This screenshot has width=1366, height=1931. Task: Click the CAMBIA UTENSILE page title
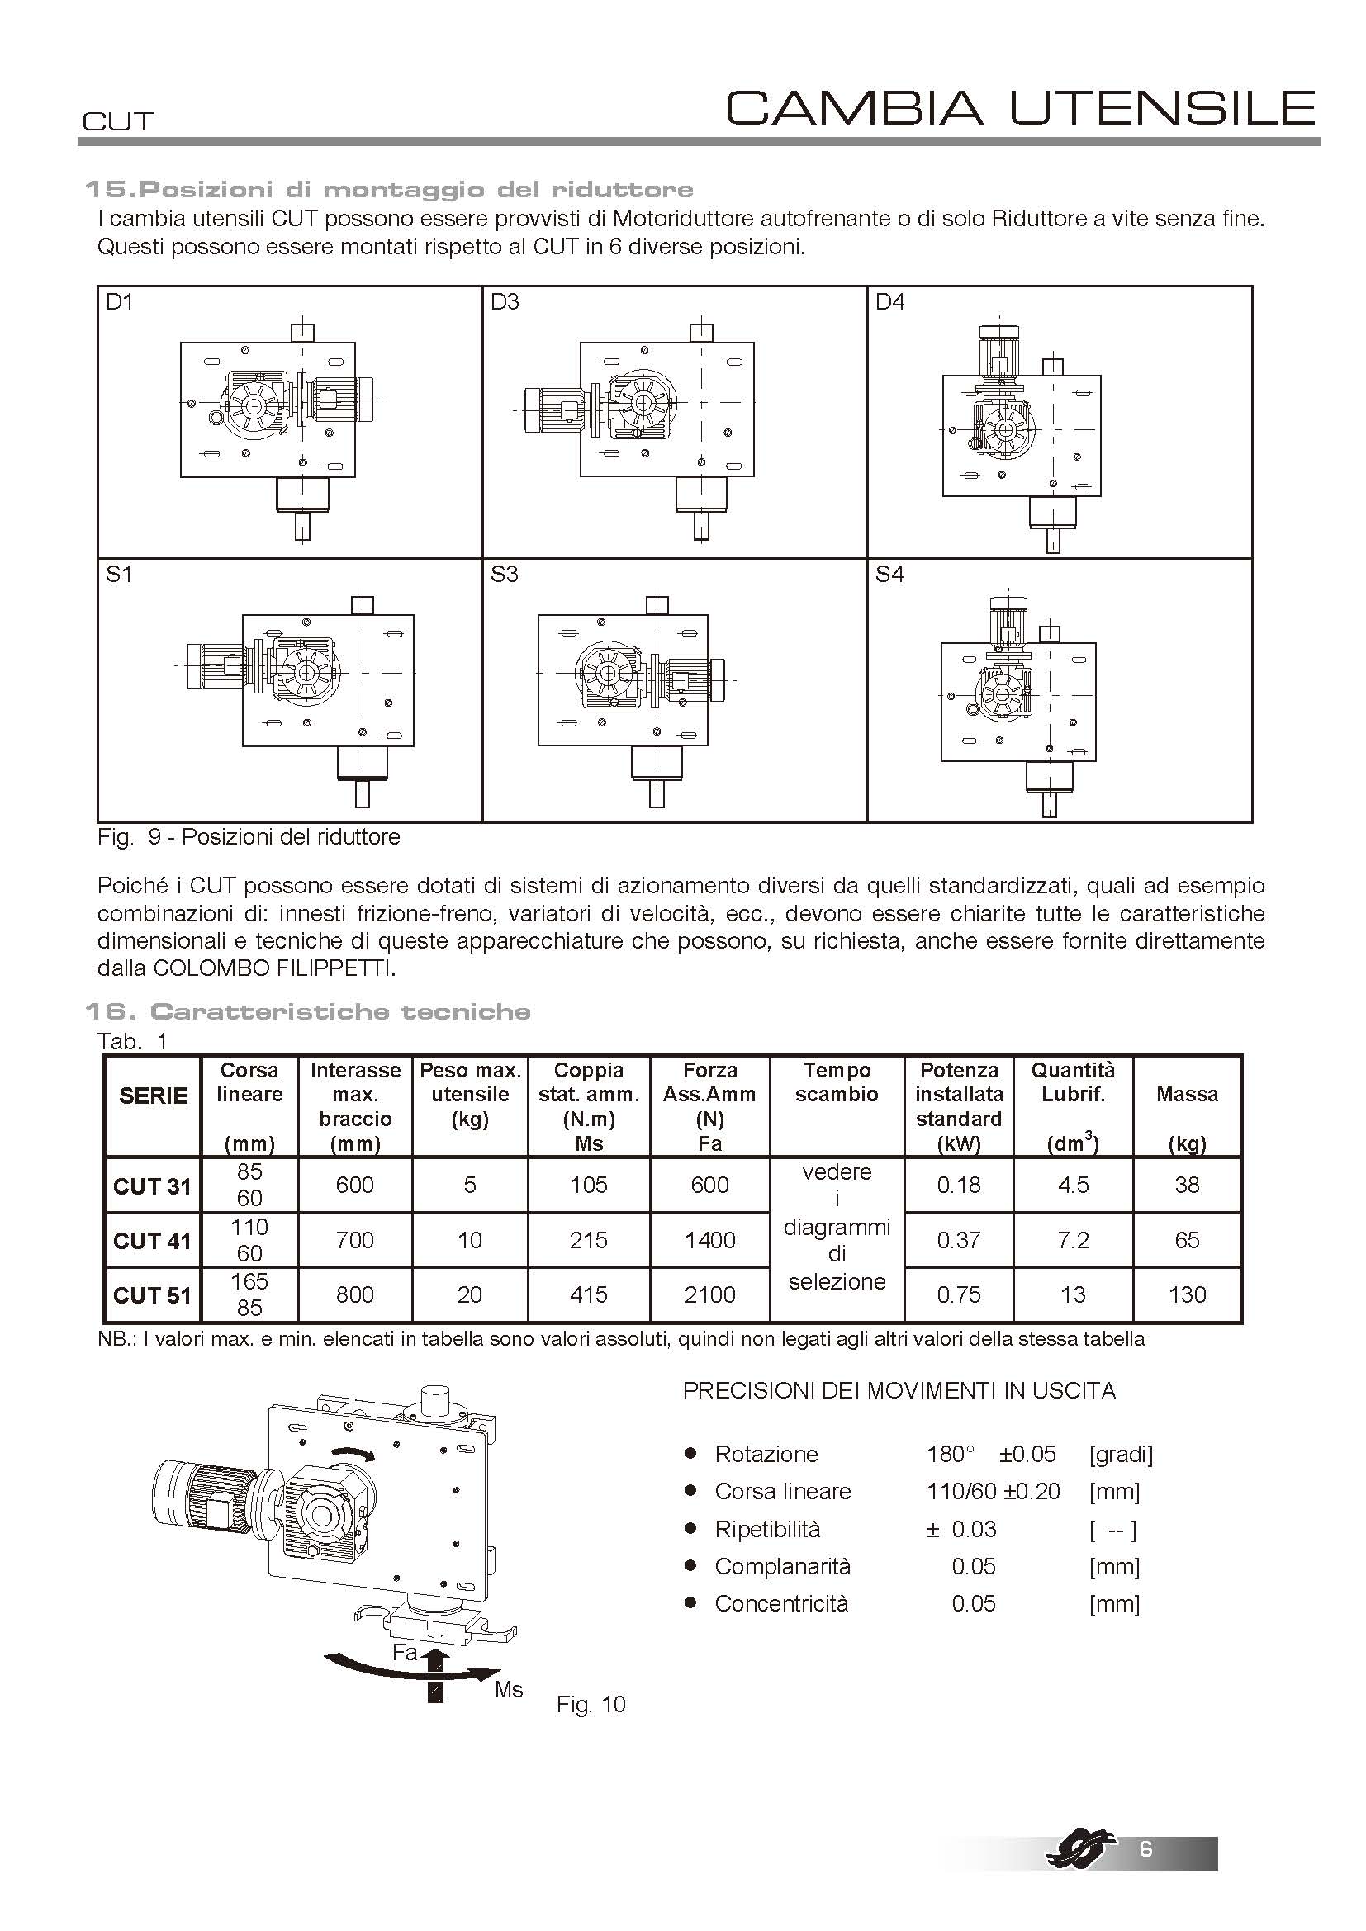pos(1020,108)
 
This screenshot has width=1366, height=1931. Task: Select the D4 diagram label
pos(890,302)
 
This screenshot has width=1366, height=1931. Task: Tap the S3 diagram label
pos(504,575)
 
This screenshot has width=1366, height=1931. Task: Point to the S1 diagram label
pos(120,575)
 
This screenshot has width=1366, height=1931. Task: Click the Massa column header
pos(1187,1095)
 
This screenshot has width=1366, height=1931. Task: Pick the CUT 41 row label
pos(152,1241)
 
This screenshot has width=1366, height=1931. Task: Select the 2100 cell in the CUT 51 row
pos(710,1294)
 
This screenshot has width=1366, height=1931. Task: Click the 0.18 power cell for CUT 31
pos(959,1185)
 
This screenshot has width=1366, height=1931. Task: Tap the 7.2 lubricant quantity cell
pos(1074,1240)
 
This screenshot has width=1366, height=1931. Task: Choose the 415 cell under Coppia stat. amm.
pos(588,1294)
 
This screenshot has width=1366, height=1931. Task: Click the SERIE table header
pos(153,1096)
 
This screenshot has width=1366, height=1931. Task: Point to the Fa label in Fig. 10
pos(405,1653)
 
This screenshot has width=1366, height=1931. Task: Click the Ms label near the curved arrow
pos(509,1690)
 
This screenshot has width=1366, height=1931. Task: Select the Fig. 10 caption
pos(591,1705)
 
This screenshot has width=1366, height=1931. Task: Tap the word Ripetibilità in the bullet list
pos(767,1529)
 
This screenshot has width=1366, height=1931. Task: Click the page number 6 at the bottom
pos(1145,1849)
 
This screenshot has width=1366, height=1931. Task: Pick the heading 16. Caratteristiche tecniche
pos(308,1012)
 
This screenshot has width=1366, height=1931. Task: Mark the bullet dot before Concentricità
pos(690,1603)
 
